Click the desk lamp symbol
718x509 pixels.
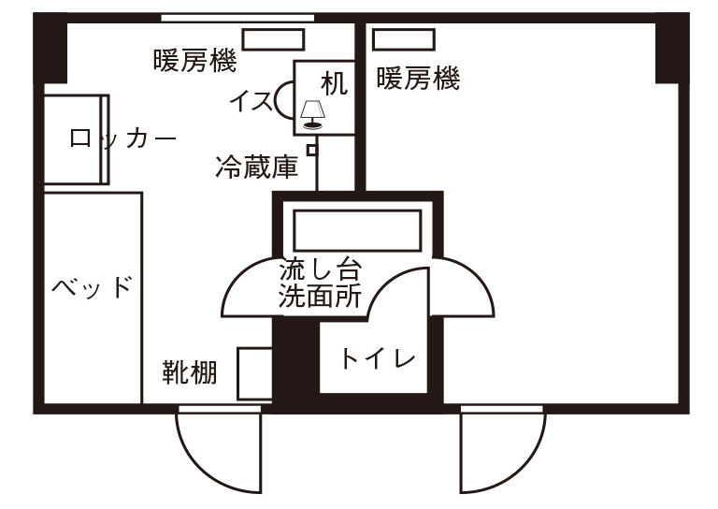point(313,114)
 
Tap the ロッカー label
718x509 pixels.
point(122,138)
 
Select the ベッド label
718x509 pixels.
point(92,287)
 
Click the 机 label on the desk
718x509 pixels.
point(334,84)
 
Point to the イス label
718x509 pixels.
point(251,101)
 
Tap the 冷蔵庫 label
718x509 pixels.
point(257,167)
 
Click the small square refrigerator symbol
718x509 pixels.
point(312,151)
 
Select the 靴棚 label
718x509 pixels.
point(190,372)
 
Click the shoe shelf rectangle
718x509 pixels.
point(255,373)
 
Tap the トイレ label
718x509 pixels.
point(378,358)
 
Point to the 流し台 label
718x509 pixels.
point(320,269)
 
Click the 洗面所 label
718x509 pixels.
point(320,296)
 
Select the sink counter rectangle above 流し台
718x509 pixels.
point(357,230)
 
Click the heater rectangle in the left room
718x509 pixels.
point(273,39)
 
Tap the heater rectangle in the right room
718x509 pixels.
point(404,39)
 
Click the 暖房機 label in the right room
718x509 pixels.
point(418,78)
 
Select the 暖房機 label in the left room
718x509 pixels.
point(195,61)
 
